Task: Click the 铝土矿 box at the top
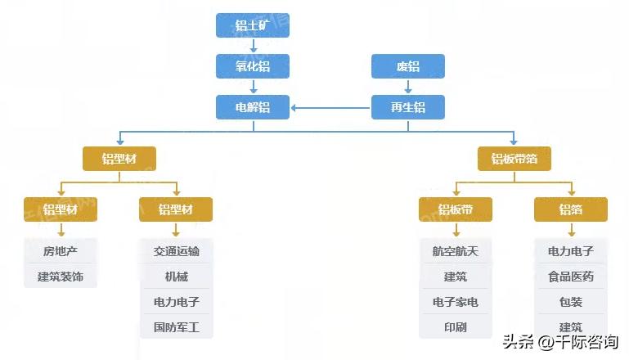(253, 25)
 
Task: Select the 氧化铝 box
(253, 66)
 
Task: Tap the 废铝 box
(408, 66)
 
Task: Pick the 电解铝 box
(253, 107)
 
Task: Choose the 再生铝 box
(408, 107)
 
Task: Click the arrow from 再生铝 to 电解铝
(331, 107)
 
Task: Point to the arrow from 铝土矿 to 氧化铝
(253, 46)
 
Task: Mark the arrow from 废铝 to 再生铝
(408, 87)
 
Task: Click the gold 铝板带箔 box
(514, 159)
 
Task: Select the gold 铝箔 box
(571, 209)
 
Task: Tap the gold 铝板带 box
(455, 209)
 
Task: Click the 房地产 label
(61, 251)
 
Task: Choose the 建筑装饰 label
(61, 277)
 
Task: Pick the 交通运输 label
(176, 251)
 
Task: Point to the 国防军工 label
(176, 328)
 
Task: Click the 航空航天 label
(455, 251)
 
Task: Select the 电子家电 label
(455, 302)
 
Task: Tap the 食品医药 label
(571, 277)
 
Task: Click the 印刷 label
(455, 328)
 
